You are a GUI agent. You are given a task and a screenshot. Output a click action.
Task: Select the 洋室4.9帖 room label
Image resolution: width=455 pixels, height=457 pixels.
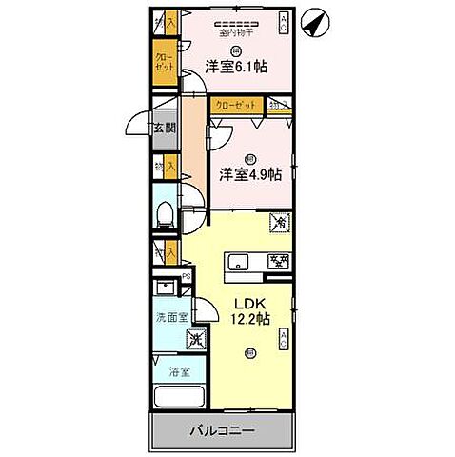(250, 173)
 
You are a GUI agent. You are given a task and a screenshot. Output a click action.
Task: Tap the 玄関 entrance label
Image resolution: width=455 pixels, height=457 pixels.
(165, 129)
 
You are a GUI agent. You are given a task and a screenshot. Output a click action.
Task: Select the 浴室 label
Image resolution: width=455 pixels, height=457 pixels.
(176, 371)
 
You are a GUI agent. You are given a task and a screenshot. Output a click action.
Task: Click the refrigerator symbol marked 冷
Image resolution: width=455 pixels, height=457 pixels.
(281, 223)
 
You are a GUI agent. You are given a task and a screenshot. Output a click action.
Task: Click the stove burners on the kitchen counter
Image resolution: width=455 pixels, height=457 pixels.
(279, 262)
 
